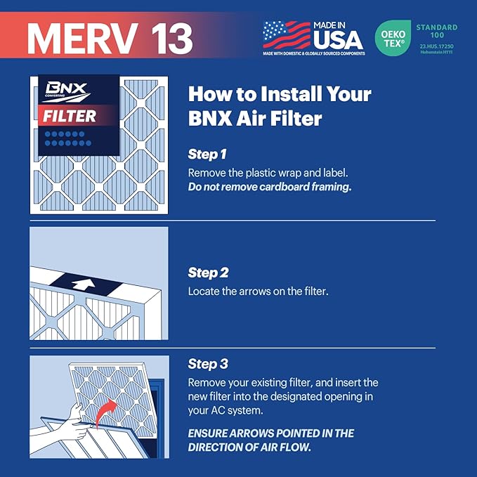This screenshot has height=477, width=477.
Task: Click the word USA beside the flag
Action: pos(338,38)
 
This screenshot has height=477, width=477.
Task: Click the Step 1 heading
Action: pos(207,154)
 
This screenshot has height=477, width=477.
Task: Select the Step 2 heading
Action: pos(208,273)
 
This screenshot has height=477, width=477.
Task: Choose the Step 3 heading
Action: pos(208,364)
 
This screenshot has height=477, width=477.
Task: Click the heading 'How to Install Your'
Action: pos(280,94)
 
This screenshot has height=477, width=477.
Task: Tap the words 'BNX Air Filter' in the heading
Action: pos(255,119)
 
